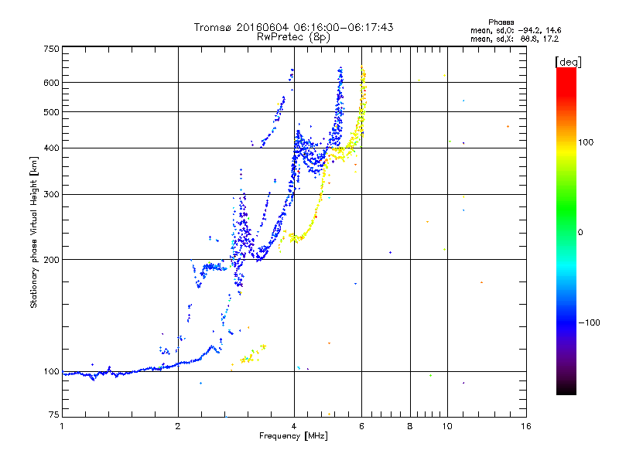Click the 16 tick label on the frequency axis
525,426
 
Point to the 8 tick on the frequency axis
410,426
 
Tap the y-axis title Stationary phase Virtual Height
34,232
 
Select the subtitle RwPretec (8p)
293,36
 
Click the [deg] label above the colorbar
568,61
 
